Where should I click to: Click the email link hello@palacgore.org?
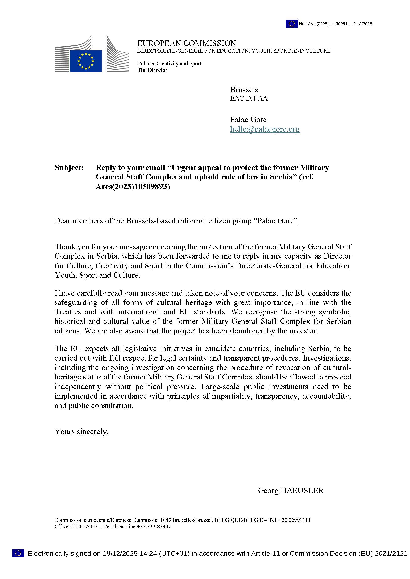[x=264, y=129]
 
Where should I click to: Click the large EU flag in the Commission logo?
[x=86, y=61]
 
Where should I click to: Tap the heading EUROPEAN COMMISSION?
[x=187, y=43]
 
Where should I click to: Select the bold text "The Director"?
[x=152, y=70]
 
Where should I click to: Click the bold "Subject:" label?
[x=69, y=167]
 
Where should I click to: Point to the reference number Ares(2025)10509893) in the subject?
[x=133, y=187]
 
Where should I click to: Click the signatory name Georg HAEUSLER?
[x=291, y=490]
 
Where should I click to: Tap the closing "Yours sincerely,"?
[x=82, y=431]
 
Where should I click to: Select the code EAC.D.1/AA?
[x=249, y=98]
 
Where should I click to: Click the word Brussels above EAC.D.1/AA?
[x=244, y=90]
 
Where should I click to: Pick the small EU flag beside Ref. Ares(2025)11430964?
[x=292, y=24]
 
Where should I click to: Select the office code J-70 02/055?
[x=83, y=527]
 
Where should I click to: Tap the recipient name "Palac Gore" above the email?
[x=248, y=119]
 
